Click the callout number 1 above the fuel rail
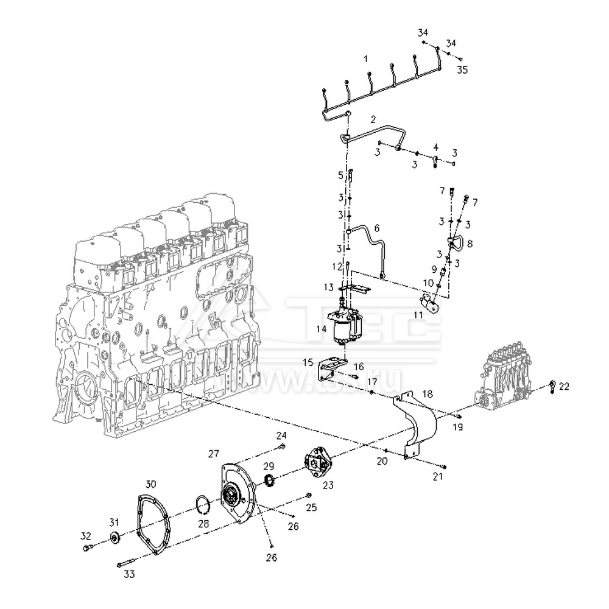tap(366, 59)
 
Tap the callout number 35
tap(462, 70)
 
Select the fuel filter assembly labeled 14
tap(346, 328)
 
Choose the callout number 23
tap(328, 485)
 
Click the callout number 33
tap(129, 574)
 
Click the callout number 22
tap(565, 387)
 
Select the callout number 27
tap(213, 453)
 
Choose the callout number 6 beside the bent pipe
tap(376, 228)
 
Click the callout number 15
tap(308, 362)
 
